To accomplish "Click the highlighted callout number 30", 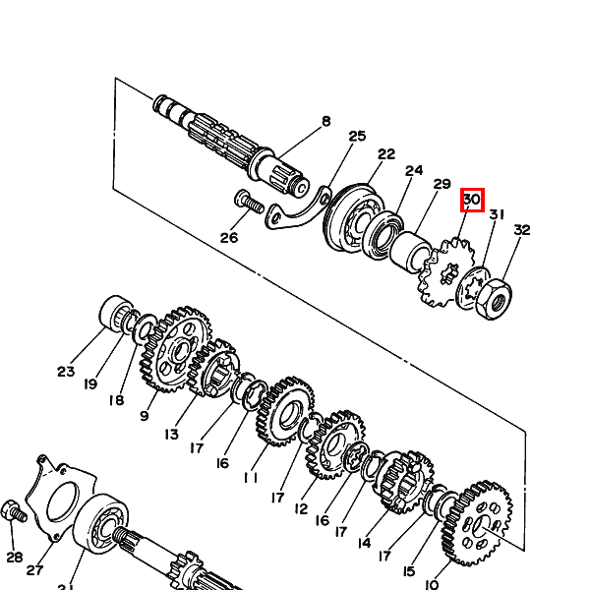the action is click(x=472, y=199).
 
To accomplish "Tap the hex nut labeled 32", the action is click(x=494, y=299).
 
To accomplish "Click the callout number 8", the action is click(x=326, y=121).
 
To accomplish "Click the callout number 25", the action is click(x=357, y=136).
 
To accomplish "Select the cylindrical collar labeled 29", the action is click(x=411, y=252).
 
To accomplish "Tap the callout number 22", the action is click(x=386, y=154).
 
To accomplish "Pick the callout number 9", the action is click(x=145, y=416).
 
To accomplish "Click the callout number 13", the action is click(x=171, y=435).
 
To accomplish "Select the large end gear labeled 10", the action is click(x=477, y=523).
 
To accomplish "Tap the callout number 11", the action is click(x=251, y=478).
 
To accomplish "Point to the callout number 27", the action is click(x=34, y=570).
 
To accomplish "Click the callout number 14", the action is click(x=364, y=543).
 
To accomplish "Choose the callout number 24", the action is click(x=414, y=170).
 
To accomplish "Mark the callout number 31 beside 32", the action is click(x=497, y=214).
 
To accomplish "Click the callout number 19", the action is click(x=90, y=384).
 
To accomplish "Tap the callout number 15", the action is click(x=409, y=571).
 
